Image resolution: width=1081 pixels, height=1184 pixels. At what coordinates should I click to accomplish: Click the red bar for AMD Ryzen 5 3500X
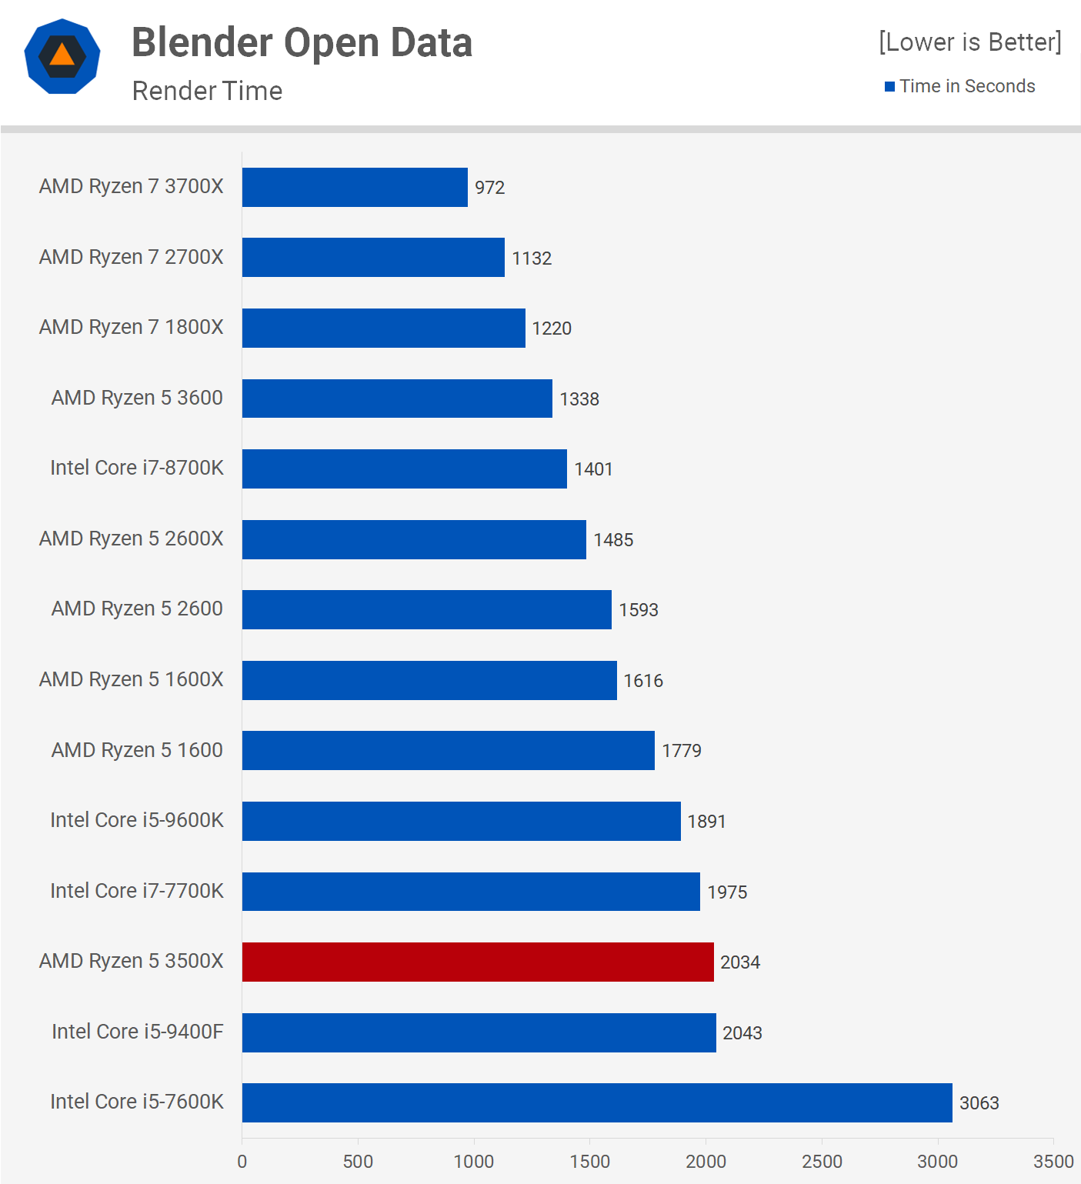point(478,962)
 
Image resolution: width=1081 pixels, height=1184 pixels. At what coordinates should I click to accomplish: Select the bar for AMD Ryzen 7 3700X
point(355,187)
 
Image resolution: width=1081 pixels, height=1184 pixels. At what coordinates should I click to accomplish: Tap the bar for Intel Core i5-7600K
point(597,1102)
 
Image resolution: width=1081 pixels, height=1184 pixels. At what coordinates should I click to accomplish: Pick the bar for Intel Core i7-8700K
point(404,469)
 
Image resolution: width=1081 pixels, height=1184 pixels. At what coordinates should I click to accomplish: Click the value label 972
point(489,188)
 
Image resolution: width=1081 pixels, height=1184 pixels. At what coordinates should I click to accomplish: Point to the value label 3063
point(979,1103)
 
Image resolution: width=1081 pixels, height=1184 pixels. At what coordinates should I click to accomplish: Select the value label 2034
point(740,962)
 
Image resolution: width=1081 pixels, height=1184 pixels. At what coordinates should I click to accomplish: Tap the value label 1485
point(613,540)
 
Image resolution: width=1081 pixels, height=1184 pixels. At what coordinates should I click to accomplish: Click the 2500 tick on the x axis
point(822,1162)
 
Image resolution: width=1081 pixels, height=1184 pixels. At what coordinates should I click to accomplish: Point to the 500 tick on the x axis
point(358,1162)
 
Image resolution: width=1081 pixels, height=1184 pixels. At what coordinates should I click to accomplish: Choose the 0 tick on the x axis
point(242,1162)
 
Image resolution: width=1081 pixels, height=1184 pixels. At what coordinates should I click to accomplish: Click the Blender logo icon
point(62,56)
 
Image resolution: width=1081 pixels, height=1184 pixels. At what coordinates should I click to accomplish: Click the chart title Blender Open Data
point(302,42)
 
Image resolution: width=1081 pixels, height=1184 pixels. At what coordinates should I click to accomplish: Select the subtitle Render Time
point(207,91)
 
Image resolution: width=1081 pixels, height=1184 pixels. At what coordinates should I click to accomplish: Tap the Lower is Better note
point(969,42)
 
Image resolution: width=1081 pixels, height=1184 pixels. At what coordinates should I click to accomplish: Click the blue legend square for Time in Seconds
point(889,86)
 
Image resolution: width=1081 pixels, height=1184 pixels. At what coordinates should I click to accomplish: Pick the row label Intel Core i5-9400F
point(137,1032)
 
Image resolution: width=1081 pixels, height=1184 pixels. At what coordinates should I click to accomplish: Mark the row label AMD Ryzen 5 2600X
point(131,539)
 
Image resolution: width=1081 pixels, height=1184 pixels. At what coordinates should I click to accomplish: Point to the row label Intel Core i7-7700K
point(137,891)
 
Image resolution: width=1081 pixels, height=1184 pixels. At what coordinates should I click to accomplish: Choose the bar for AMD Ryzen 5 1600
point(448,750)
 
